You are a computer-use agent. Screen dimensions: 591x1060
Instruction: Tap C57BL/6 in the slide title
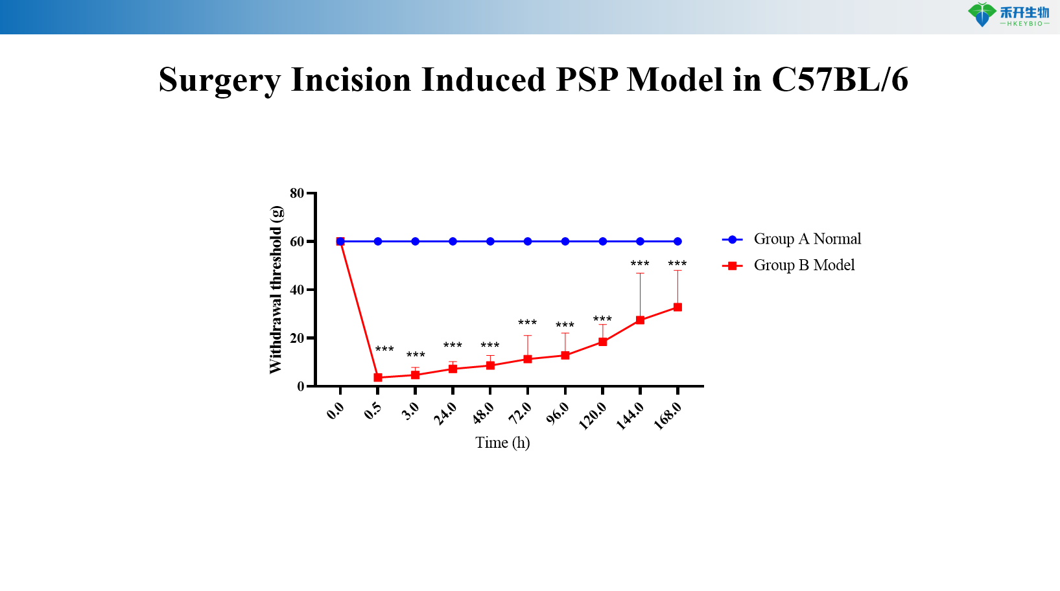[x=840, y=80]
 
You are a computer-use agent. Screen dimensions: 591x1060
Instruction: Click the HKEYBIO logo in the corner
[x=1008, y=15]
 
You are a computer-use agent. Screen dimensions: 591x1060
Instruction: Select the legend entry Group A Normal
[x=807, y=239]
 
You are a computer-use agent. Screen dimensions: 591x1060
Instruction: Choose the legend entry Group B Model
[x=804, y=265]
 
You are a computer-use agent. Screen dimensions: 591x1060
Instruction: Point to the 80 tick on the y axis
[x=297, y=193]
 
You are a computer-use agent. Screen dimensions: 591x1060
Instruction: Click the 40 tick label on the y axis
[x=297, y=290]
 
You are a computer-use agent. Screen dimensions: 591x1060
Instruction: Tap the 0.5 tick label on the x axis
[x=373, y=411]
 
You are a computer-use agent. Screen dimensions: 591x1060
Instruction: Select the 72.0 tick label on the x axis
[x=520, y=412]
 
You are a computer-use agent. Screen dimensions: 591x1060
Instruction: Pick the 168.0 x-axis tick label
[x=667, y=415]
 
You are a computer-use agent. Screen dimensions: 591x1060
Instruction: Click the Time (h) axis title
[x=502, y=443]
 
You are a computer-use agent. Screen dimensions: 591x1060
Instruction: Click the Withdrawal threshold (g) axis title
[x=276, y=290]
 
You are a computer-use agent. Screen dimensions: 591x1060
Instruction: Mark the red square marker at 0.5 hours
[x=378, y=377]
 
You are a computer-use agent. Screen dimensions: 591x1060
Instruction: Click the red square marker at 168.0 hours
[x=677, y=307]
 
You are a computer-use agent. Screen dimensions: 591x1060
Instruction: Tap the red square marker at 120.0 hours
[x=603, y=342]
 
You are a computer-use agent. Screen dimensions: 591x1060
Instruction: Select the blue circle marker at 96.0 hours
[x=565, y=241]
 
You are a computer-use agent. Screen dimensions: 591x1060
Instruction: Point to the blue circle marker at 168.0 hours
[x=677, y=241]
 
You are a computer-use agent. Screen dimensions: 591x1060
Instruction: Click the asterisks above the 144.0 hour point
[x=640, y=264]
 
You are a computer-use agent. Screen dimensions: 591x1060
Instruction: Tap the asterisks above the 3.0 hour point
[x=416, y=355]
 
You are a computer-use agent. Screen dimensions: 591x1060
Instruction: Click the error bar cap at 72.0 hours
[x=528, y=335]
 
